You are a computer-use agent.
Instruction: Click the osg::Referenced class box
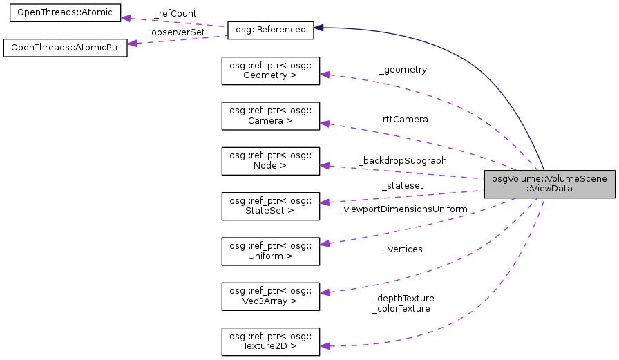270,28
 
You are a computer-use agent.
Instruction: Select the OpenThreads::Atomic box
62,14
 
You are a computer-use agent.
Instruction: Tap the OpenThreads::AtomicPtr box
65,48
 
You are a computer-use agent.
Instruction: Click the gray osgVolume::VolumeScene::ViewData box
549,183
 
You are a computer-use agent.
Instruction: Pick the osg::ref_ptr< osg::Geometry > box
270,70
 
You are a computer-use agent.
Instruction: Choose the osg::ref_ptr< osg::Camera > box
270,115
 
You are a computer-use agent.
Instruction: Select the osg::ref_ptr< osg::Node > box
270,161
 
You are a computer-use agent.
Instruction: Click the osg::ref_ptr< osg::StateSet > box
270,206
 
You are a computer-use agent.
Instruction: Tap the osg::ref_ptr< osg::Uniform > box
270,251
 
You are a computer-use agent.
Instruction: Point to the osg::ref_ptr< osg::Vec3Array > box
270,296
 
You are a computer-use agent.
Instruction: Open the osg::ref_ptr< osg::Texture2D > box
270,341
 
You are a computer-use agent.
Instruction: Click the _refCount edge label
175,13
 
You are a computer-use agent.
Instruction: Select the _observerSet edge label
170,31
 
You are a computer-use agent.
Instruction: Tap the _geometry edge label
403,70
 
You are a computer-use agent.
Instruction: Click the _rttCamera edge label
403,119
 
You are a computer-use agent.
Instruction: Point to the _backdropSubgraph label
402,160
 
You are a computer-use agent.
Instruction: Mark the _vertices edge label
403,249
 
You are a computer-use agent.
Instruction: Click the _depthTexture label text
403,298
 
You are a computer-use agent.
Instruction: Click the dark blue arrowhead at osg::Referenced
320,28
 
